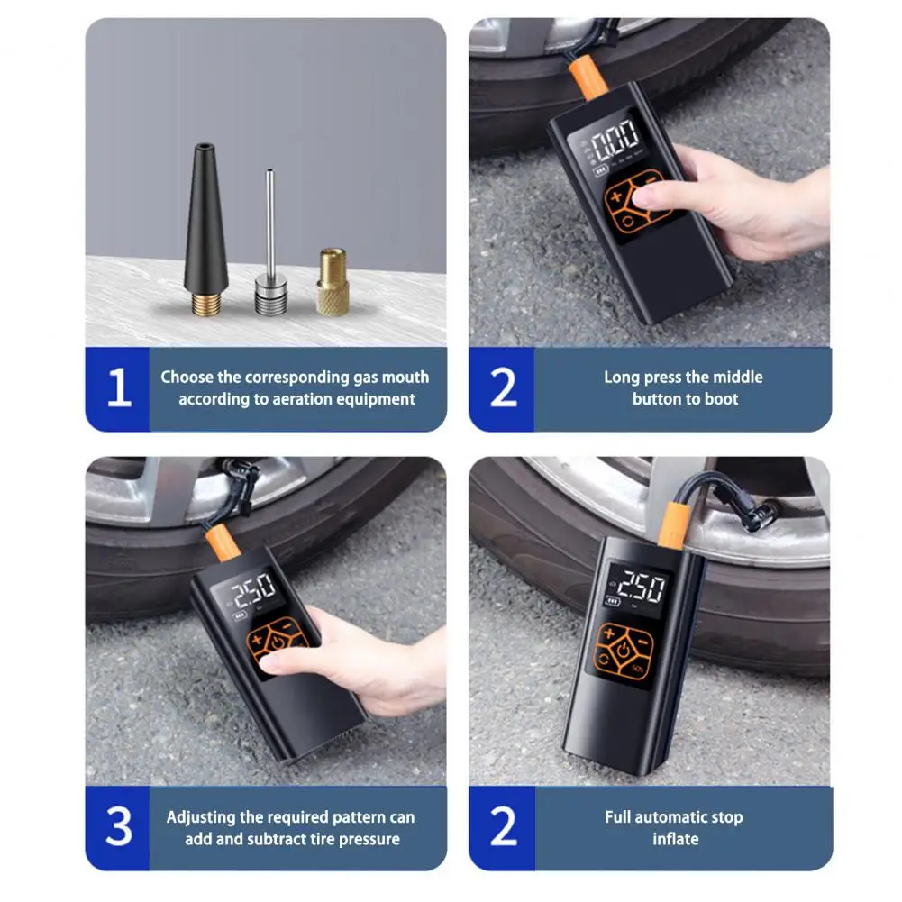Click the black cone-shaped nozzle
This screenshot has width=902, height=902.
click(x=205, y=230)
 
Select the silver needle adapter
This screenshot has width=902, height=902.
click(x=270, y=248)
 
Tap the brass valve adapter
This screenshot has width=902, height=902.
click(x=333, y=282)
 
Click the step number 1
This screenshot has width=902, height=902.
click(x=119, y=387)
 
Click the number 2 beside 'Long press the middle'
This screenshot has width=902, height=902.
click(x=504, y=387)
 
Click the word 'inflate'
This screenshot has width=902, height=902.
click(x=675, y=839)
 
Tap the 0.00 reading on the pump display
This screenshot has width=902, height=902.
click(x=615, y=140)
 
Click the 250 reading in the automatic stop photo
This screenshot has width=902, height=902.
click(x=641, y=587)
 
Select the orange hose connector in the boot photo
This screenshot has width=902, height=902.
click(x=588, y=77)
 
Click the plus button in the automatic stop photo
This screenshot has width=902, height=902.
click(x=609, y=633)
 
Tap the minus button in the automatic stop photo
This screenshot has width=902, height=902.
click(x=642, y=641)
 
